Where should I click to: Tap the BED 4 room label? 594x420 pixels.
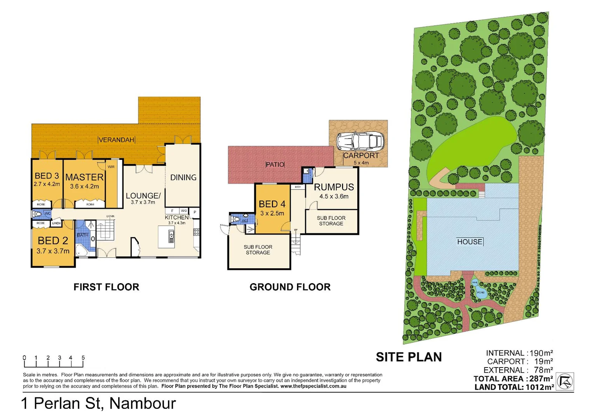tap(272, 204)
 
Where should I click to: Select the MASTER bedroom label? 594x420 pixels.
tap(84, 177)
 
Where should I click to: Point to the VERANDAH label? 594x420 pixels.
tap(116, 140)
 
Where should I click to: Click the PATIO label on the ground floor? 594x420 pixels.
tap(275, 164)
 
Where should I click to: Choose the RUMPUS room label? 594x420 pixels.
tap(334, 187)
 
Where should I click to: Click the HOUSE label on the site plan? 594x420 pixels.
tap(470, 242)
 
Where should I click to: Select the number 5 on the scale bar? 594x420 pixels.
tap(83, 358)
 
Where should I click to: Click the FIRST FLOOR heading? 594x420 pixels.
tap(106, 287)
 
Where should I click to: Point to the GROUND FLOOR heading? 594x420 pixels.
tap(290, 287)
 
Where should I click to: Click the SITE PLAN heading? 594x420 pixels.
tap(409, 357)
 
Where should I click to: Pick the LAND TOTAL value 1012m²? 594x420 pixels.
tap(540, 387)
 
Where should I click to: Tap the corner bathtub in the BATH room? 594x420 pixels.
tap(82, 250)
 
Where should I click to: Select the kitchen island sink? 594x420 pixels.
tap(171, 236)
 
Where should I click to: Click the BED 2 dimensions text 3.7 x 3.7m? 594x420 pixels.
tap(53, 251)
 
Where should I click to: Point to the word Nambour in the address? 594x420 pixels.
tap(143, 404)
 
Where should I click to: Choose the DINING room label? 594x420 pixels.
tap(183, 178)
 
